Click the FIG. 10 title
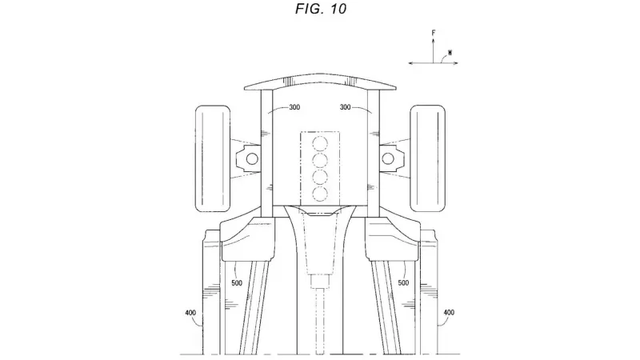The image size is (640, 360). point(321,9)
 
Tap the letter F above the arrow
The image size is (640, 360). point(434,33)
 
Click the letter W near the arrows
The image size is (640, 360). point(450,53)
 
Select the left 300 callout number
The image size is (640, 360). point(294,107)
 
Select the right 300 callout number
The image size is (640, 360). point(346,107)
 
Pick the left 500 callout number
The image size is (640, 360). point(237,283)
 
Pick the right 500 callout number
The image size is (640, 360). point(403,283)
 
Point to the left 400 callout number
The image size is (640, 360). point(190,313)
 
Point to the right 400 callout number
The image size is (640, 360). point(449,313)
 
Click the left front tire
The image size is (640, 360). point(213,158)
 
